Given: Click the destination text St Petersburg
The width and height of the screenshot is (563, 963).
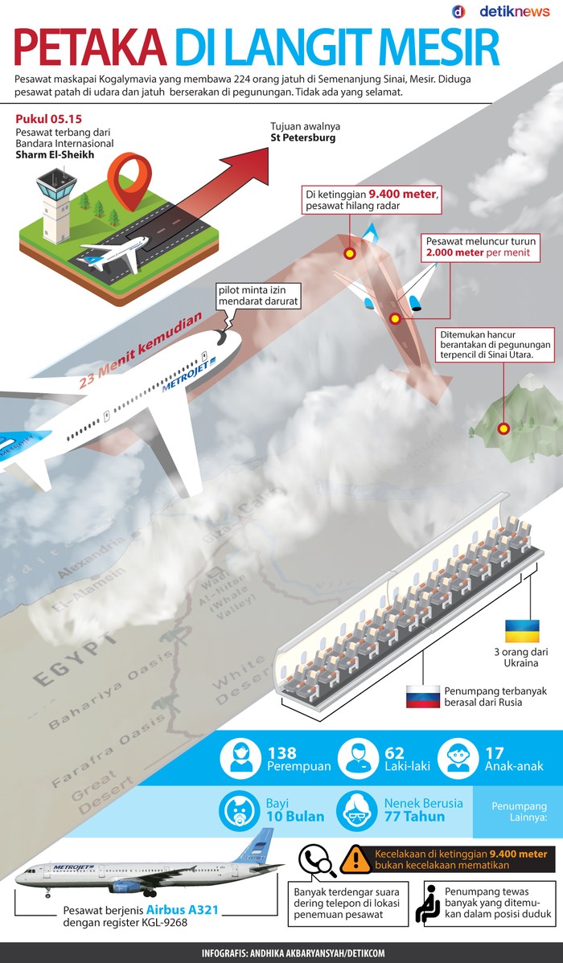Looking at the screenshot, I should (x=303, y=138).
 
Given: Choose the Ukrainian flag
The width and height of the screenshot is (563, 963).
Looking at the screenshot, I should (x=521, y=630).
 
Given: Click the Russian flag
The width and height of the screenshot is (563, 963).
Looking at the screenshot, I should (x=422, y=696).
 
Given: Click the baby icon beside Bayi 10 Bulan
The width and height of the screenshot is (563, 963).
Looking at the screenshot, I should (x=238, y=810).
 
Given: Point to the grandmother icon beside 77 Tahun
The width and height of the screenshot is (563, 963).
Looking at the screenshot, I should (x=355, y=810).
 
